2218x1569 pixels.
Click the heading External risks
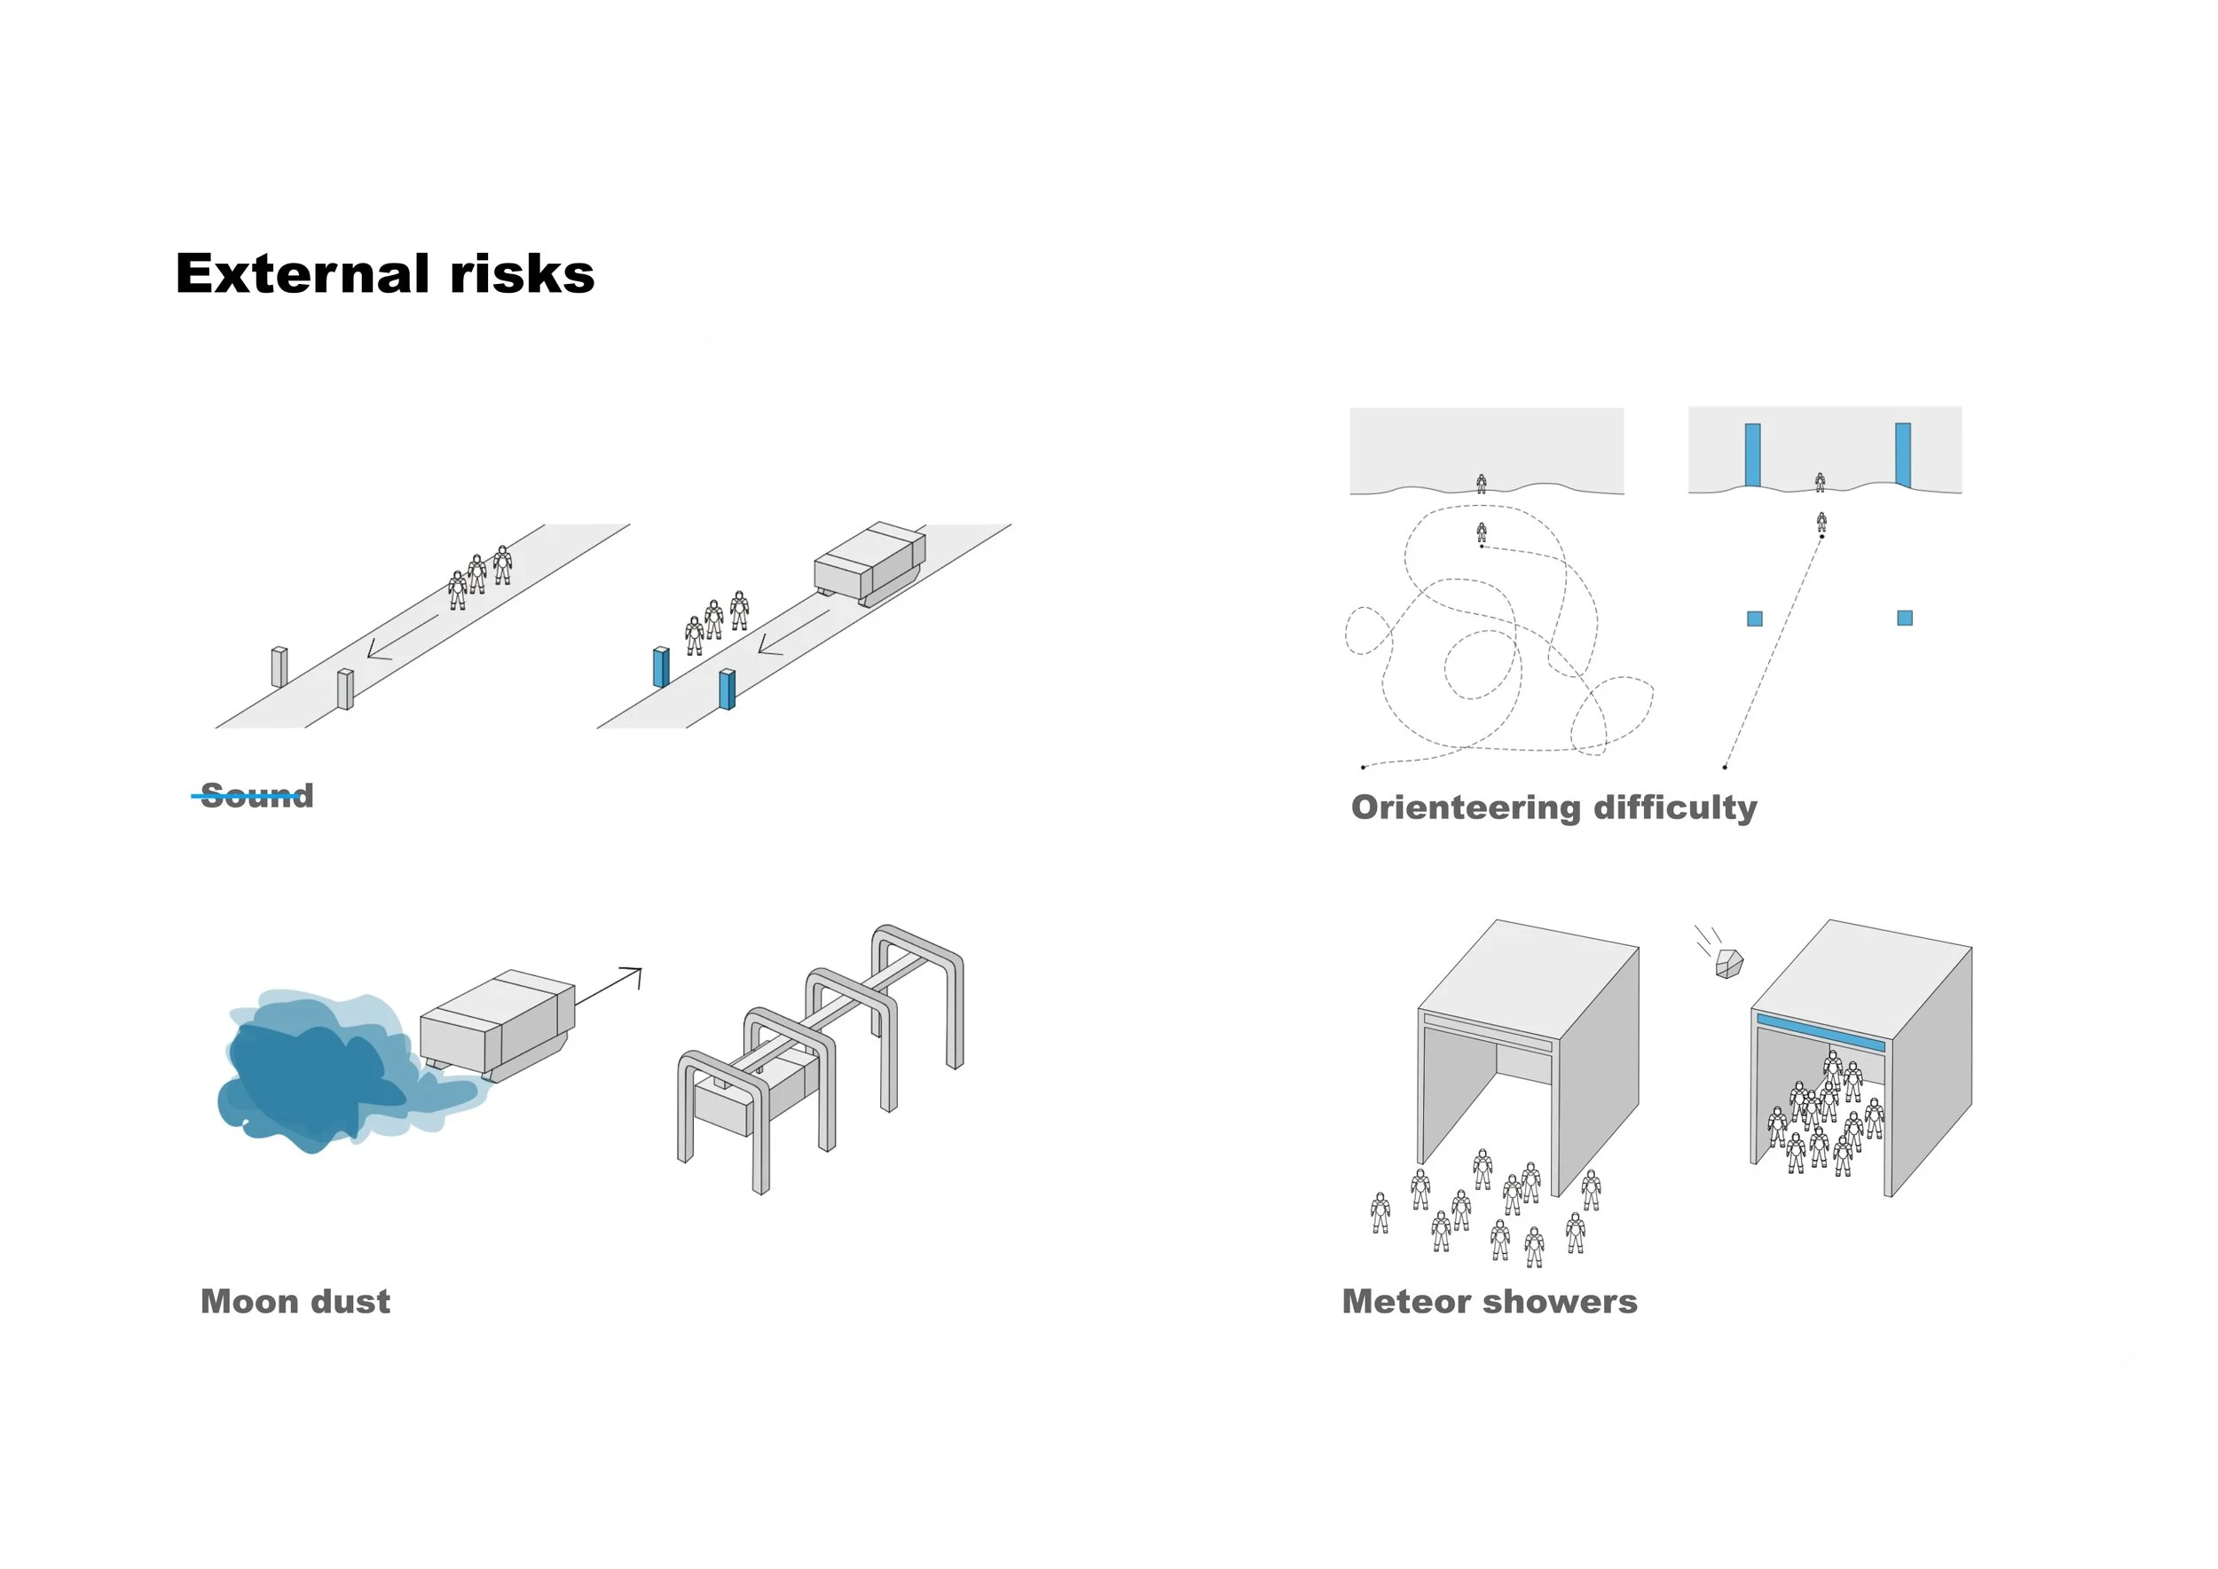(384, 273)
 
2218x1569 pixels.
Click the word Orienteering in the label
(1466, 808)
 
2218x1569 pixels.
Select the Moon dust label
(295, 1301)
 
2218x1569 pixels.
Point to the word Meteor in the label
(1406, 1301)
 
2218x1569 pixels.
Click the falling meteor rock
(1729, 963)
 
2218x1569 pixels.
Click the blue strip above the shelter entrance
(1820, 1033)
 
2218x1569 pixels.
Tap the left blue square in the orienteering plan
(1754, 619)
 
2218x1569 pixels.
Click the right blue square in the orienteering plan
(1904, 618)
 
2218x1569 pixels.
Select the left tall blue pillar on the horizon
(1752, 455)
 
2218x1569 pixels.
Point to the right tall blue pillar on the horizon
(1903, 455)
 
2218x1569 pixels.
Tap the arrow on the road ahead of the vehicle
(793, 631)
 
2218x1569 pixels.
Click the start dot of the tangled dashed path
(1363, 767)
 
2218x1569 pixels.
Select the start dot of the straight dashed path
(1725, 767)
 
